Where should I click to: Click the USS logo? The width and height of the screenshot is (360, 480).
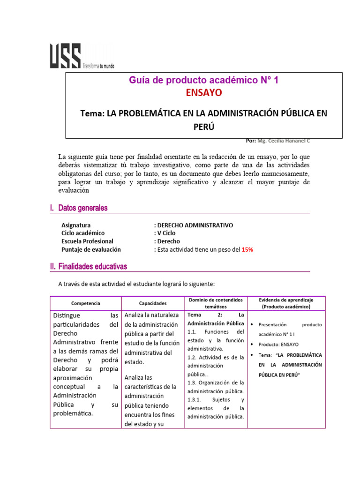[65, 56]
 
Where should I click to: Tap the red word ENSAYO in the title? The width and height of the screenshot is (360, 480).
[204, 93]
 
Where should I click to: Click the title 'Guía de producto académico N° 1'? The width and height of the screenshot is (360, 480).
[204, 81]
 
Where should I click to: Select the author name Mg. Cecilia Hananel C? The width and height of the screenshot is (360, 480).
[284, 141]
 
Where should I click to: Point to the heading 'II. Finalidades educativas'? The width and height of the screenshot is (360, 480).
[89, 267]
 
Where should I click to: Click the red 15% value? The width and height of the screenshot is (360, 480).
[247, 249]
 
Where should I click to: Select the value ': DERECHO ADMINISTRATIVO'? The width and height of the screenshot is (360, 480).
[193, 225]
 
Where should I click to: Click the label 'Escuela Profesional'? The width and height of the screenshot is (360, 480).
[87, 241]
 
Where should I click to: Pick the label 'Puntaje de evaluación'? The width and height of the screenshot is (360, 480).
[91, 249]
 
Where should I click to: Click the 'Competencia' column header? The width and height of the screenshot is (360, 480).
[85, 303]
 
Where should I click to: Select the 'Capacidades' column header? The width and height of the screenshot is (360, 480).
[153, 303]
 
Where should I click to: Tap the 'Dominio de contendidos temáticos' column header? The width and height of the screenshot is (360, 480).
[216, 303]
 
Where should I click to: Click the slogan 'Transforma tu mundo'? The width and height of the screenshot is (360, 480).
[98, 66]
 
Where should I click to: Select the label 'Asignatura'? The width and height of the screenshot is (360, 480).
[76, 225]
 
